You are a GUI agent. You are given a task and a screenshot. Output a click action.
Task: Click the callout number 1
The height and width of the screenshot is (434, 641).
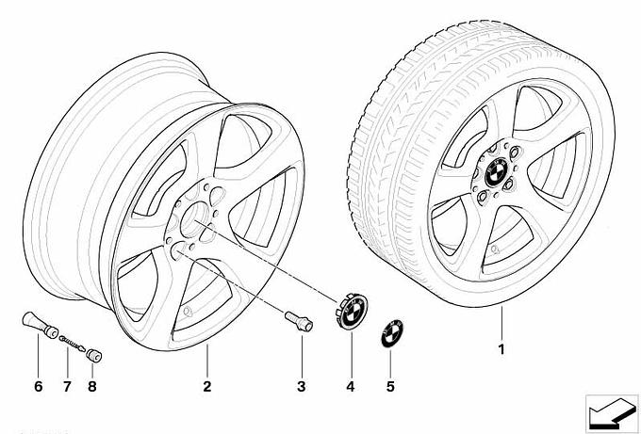502,350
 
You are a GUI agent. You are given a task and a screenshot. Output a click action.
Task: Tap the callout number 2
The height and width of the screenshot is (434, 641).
207,387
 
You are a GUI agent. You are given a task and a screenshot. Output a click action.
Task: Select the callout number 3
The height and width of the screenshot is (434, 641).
302,387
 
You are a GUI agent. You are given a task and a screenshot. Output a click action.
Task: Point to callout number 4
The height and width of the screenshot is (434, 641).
351,387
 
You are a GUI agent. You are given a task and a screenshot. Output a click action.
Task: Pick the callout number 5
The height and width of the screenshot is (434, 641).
389,387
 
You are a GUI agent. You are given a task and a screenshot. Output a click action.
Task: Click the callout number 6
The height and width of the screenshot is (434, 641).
38,387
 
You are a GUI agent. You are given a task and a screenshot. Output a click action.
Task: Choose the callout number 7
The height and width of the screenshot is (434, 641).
67,387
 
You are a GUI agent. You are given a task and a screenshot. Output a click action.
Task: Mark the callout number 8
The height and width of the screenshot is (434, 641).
91,387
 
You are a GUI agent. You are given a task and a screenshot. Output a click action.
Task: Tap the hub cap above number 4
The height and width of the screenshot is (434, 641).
351,312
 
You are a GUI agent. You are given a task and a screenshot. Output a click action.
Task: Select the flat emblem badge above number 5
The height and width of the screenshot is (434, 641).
389,334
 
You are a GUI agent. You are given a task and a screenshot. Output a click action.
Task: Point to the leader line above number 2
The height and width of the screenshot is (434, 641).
207,362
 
